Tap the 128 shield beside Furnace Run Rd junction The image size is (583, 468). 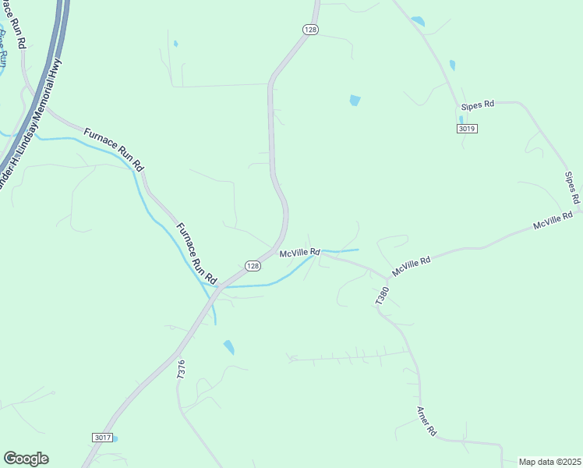[x=252, y=266]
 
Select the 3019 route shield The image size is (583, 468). [x=467, y=129]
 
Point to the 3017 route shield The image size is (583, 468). [x=102, y=438]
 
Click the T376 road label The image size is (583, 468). [x=182, y=369]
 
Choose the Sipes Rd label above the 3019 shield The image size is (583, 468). [x=478, y=105]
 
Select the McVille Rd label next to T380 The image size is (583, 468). [x=412, y=267]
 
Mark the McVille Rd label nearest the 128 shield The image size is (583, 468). [x=300, y=253]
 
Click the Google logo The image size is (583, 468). [x=26, y=459]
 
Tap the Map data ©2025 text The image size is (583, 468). [x=549, y=462]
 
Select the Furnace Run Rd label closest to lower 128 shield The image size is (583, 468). [x=196, y=253]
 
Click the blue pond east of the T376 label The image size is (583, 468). [x=228, y=347]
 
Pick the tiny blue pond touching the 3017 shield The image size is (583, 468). [x=115, y=438]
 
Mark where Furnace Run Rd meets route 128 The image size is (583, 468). [x=221, y=285]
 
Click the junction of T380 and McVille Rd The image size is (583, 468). [x=387, y=278]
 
